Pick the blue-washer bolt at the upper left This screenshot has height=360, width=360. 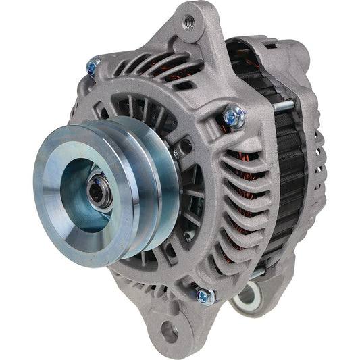[x=93, y=66]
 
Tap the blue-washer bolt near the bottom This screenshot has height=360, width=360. [x=203, y=295]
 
